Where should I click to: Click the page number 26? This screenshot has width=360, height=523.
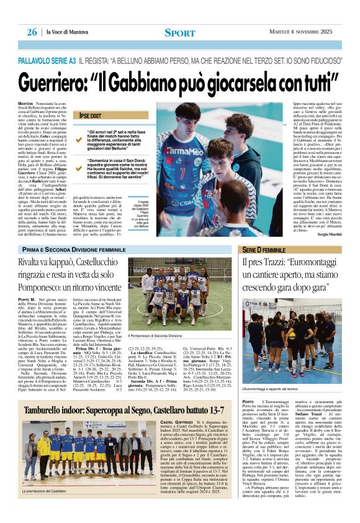click(x=32, y=32)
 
